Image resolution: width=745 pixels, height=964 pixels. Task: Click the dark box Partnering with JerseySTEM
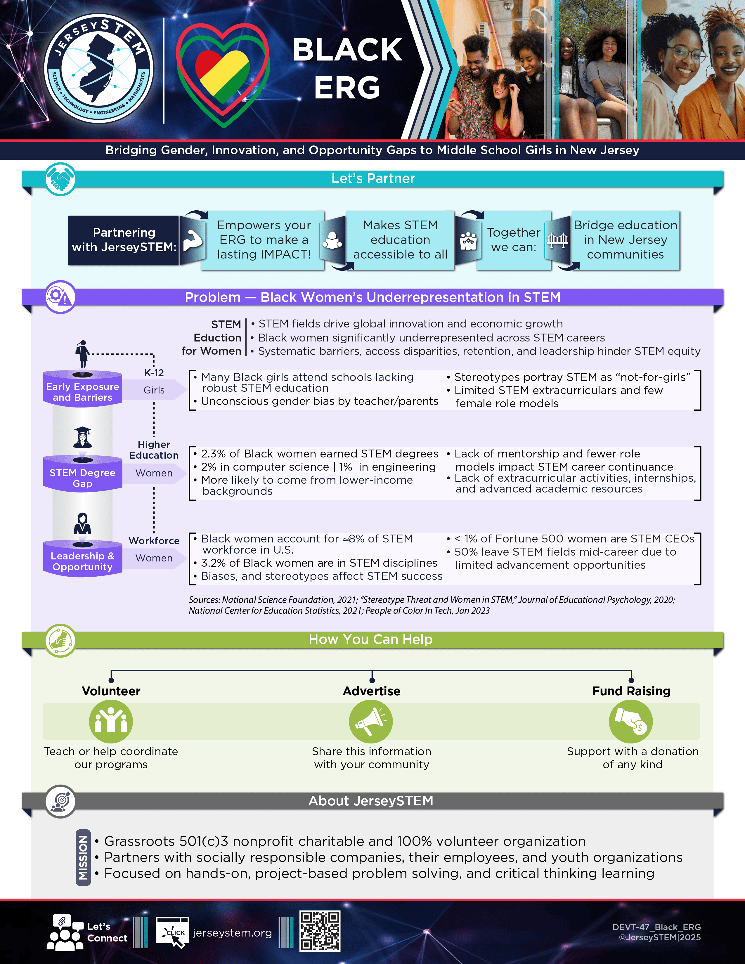(124, 240)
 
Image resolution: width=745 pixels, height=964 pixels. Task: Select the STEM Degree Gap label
(82, 478)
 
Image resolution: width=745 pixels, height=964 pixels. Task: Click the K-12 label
(154, 373)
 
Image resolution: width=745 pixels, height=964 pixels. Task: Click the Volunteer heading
(111, 691)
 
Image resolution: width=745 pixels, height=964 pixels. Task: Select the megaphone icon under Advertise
(371, 722)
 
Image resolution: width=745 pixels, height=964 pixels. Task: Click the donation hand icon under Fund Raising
(631, 722)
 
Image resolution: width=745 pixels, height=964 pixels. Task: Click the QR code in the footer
(320, 931)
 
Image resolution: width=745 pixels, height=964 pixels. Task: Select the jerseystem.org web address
(232, 933)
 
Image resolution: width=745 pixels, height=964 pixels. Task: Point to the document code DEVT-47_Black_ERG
(656, 927)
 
